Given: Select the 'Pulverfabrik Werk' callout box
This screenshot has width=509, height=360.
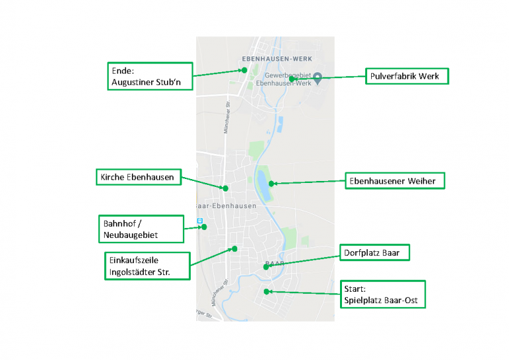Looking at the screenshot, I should [407, 76].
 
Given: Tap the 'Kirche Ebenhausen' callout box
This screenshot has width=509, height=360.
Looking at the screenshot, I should [137, 177].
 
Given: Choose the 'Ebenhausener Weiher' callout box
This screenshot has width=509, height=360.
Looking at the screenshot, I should [395, 180].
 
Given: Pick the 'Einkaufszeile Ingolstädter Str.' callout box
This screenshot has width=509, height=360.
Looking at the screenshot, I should [146, 266].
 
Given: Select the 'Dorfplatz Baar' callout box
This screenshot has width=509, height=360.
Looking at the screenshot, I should [376, 253].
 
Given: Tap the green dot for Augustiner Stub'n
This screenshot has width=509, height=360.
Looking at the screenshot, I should [244, 70].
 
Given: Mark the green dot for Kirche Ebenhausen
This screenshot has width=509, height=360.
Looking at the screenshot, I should [225, 188].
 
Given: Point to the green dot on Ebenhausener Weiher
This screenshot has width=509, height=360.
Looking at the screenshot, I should [271, 184].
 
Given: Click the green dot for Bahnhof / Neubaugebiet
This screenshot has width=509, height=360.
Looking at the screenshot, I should [204, 227].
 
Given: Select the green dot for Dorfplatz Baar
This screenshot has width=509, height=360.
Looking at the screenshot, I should [266, 267].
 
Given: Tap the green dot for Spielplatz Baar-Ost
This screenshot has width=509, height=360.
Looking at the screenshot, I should [266, 291].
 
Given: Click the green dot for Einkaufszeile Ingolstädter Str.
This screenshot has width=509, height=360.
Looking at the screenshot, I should [234, 249].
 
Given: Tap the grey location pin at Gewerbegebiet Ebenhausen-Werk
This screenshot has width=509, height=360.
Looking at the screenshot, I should [317, 77].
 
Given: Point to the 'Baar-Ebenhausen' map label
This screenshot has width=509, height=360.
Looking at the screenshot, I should [229, 206].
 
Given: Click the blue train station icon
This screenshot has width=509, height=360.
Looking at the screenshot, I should [199, 221].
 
